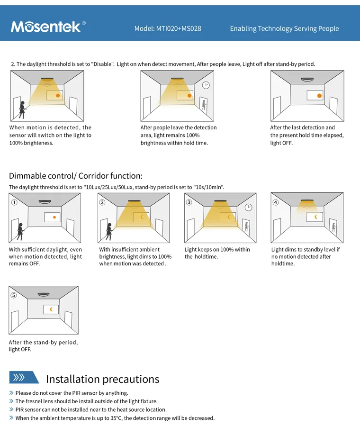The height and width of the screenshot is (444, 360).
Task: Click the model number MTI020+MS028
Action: click(x=168, y=28)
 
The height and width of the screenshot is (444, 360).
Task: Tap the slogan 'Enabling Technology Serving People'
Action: click(x=284, y=28)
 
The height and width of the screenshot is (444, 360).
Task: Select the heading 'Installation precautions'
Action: click(x=102, y=379)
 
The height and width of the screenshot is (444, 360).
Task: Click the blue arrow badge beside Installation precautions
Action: click(x=24, y=377)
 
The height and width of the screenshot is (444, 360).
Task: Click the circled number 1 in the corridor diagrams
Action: click(x=14, y=202)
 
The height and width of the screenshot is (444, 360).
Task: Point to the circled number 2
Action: click(x=102, y=202)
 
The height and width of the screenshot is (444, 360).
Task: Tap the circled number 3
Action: click(x=189, y=202)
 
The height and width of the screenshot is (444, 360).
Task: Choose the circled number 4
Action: click(x=276, y=202)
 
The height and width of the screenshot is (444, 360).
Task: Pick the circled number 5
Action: click(x=14, y=295)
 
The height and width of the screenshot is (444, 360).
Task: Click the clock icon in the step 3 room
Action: click(x=249, y=207)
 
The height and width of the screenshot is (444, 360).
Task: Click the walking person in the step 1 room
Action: click(x=20, y=231)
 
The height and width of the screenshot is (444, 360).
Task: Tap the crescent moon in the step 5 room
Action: click(x=51, y=309)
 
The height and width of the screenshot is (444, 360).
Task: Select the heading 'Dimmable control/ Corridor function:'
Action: click(x=75, y=176)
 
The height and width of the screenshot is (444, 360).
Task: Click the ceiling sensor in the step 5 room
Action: click(x=44, y=294)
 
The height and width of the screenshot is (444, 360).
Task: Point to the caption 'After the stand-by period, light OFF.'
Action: click(x=43, y=346)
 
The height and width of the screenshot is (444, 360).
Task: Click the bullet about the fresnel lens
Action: click(x=86, y=401)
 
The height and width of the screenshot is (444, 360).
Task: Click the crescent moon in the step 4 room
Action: click(x=315, y=217)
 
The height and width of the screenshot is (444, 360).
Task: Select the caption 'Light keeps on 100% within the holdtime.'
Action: click(x=217, y=253)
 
